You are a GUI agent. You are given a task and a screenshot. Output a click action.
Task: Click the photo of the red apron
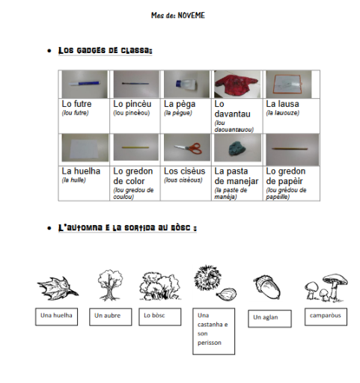pos(237,84)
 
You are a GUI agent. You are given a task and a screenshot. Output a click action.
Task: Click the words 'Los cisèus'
pos(183,171)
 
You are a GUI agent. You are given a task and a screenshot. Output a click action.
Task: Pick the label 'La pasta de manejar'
pos(237,176)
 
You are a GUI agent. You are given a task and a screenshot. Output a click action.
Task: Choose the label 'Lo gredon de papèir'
pos(286,176)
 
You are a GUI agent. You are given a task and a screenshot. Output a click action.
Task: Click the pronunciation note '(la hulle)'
pos(74,180)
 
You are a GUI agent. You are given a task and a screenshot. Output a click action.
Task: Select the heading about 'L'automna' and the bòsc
pos(126,227)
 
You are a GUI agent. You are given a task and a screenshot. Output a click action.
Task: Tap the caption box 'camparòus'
pos(325,316)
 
